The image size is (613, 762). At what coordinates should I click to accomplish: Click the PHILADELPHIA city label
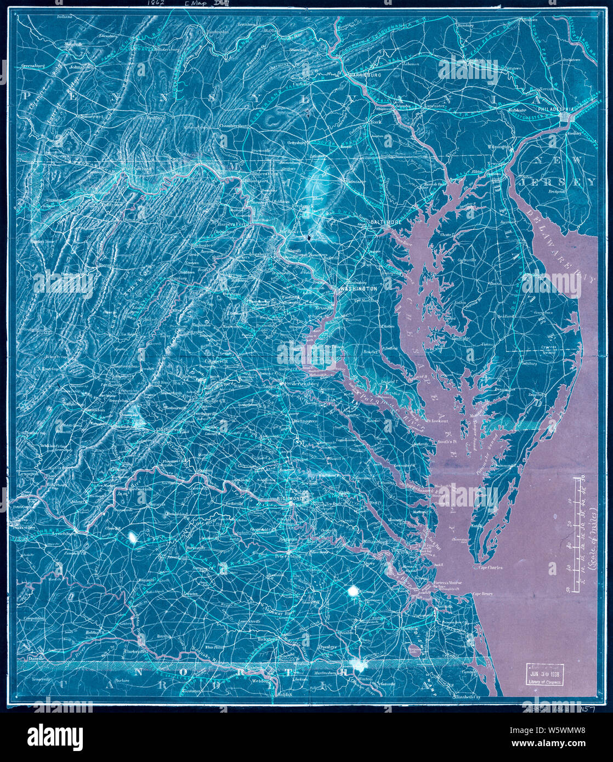[x=555, y=109]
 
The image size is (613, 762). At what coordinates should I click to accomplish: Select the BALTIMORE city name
[x=386, y=222]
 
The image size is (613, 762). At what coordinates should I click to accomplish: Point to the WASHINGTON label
[x=359, y=288]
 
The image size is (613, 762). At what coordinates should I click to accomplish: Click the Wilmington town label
[x=497, y=147]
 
